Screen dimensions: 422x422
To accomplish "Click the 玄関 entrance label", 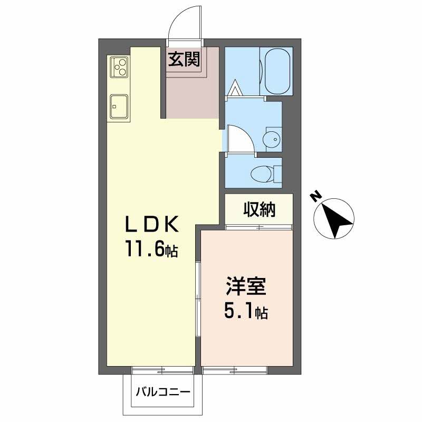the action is [184, 59].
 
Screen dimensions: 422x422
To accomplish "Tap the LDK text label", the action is [152, 224].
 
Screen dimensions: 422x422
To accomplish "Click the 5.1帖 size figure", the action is [246, 312].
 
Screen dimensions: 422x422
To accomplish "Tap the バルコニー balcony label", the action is [163, 391].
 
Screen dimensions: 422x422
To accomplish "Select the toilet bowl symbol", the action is [262, 174].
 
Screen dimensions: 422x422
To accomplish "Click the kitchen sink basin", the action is [118, 107].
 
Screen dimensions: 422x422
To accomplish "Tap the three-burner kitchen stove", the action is [119, 67].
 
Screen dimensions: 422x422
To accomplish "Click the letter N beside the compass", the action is [316, 197].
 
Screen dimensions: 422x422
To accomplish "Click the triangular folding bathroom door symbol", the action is [235, 88].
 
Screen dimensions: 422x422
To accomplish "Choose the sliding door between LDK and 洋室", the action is [198, 299].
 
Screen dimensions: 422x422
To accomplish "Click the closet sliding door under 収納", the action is [259, 227].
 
